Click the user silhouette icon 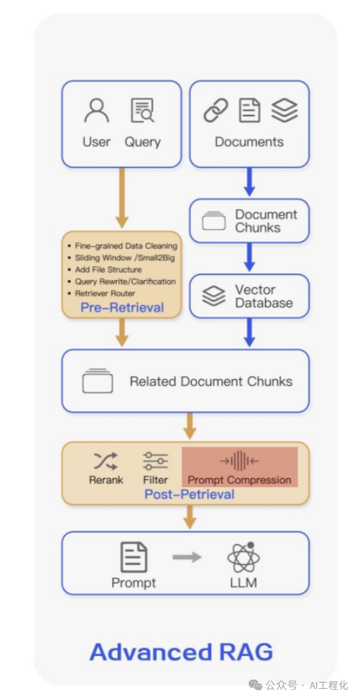(97, 110)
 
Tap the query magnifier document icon (142, 110)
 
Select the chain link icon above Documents (216, 110)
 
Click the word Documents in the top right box (249, 142)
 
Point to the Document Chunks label (266, 221)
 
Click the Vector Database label (264, 296)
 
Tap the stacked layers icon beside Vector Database (214, 296)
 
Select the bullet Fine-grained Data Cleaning (123, 246)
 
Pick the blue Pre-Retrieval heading (123, 308)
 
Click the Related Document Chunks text (211, 381)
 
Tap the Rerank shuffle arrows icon (106, 461)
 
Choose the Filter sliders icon (156, 461)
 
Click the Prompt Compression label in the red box (240, 481)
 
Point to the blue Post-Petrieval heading (189, 494)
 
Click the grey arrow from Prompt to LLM (187, 557)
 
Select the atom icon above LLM (244, 557)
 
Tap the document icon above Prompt (134, 557)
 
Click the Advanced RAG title (181, 652)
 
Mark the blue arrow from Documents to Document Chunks (249, 182)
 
